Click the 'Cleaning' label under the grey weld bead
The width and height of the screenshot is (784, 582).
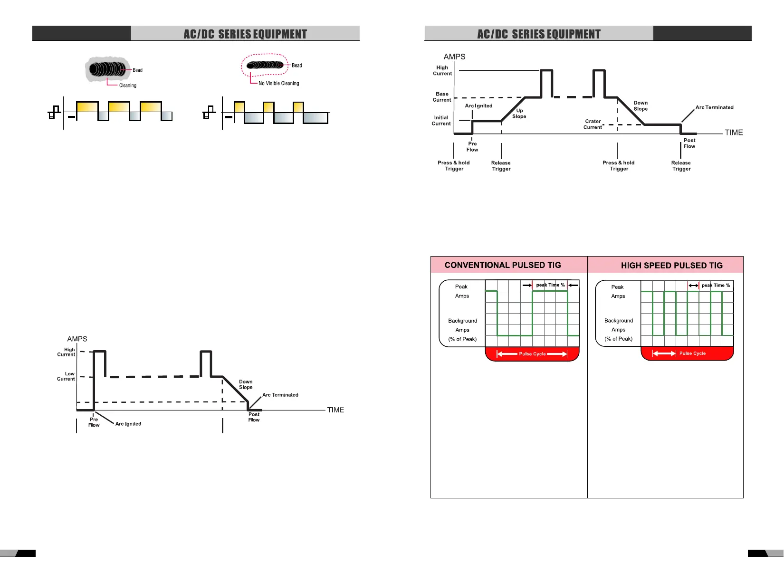[x=127, y=86]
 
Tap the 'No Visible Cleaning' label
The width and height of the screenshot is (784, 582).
[x=278, y=83]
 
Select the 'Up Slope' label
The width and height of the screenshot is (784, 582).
[x=519, y=114]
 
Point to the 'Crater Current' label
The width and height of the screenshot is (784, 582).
[x=593, y=124]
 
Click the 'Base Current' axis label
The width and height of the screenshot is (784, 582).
[x=442, y=97]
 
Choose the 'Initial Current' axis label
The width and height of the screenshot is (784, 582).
[x=441, y=121]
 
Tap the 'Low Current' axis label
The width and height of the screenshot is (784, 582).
[x=67, y=376]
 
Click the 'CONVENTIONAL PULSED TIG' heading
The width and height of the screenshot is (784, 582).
[x=503, y=265]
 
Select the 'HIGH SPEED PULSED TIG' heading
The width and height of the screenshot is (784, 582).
[x=671, y=266]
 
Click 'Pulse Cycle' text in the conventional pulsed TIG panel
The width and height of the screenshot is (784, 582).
[x=532, y=354]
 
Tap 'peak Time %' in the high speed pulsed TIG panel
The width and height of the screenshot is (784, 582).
[x=716, y=286]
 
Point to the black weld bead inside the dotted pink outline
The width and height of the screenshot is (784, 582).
[x=265, y=65]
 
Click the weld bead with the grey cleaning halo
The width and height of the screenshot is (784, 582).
[x=108, y=69]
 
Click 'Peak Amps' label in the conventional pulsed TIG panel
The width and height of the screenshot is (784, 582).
[x=462, y=291]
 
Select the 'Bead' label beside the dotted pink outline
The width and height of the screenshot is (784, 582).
[x=296, y=66]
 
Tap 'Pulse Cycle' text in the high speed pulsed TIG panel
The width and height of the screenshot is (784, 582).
[x=692, y=353]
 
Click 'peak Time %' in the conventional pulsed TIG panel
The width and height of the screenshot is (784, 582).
[x=550, y=285]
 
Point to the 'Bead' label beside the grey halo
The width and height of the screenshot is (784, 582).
[x=137, y=70]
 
